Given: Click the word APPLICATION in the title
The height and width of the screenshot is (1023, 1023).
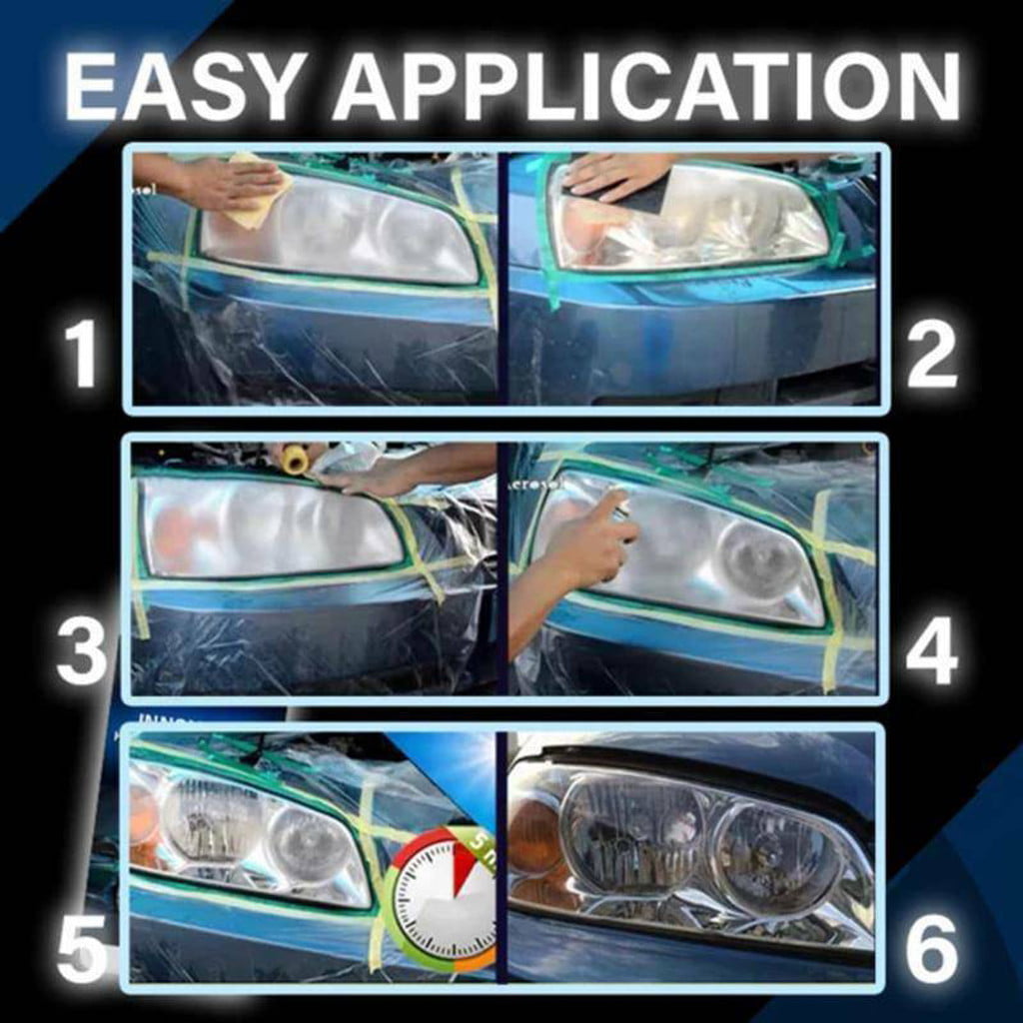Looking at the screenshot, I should tap(647, 88).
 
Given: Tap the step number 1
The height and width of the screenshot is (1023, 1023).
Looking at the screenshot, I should tap(79, 355).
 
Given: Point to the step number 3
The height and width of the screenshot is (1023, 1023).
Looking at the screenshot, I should tap(81, 649).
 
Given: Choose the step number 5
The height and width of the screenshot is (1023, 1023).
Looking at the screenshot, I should tap(81, 948).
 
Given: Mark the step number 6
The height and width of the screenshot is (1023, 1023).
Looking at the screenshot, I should tap(932, 948).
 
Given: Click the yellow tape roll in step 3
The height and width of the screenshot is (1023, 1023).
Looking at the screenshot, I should tap(294, 460).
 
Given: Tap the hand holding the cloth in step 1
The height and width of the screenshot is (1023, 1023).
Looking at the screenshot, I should tap(215, 180).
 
